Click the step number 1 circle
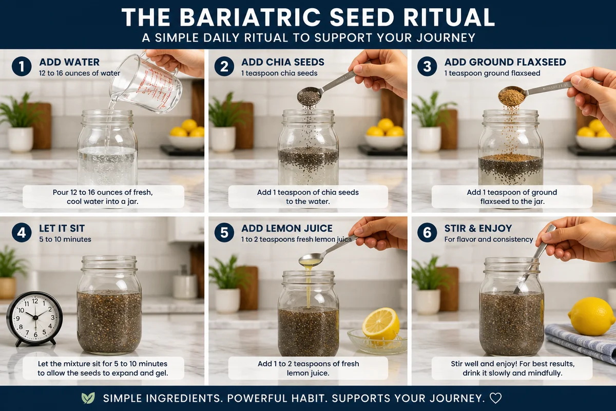[22, 67]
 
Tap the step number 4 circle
[22, 233]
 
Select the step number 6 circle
[427, 233]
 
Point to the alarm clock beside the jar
[34, 319]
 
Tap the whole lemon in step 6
[591, 316]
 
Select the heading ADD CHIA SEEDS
[283, 62]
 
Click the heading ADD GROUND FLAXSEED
[505, 62]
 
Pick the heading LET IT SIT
[62, 229]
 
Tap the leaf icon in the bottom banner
[88, 398]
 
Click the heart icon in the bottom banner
[495, 398]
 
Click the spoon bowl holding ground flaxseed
[511, 96]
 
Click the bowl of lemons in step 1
[186, 136]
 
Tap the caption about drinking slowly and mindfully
[512, 368]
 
